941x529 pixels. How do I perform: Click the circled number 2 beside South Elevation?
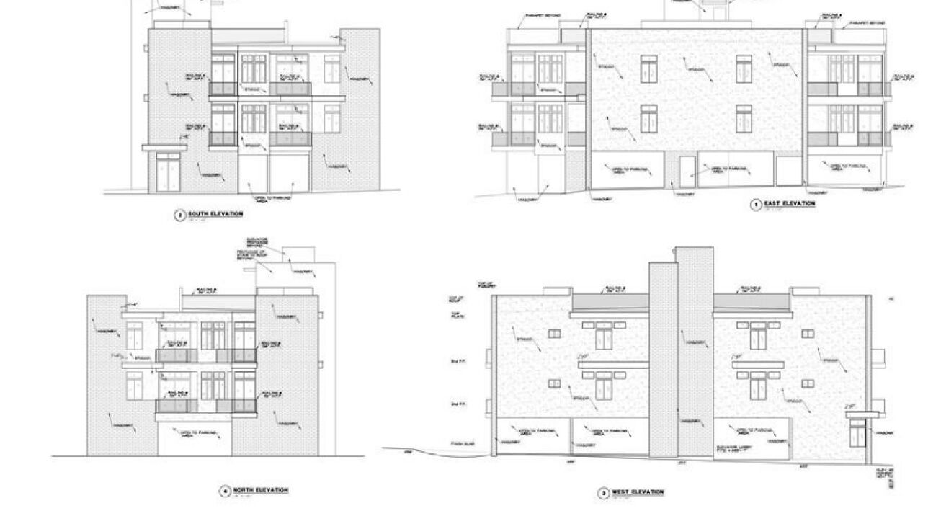click(179, 215)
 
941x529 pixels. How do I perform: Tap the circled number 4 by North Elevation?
click(225, 492)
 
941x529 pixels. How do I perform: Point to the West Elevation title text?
click(638, 492)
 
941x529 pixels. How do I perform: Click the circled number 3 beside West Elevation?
click(604, 493)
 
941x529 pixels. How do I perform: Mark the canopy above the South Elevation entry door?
click(164, 147)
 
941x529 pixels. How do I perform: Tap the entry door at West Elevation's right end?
click(857, 432)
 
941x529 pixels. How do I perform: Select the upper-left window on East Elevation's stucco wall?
click(649, 69)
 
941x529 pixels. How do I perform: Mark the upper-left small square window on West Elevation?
click(554, 334)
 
